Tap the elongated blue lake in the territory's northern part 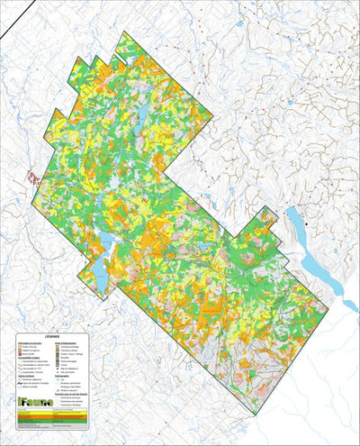click(x=142, y=115)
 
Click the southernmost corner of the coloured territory click(x=255, y=414)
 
